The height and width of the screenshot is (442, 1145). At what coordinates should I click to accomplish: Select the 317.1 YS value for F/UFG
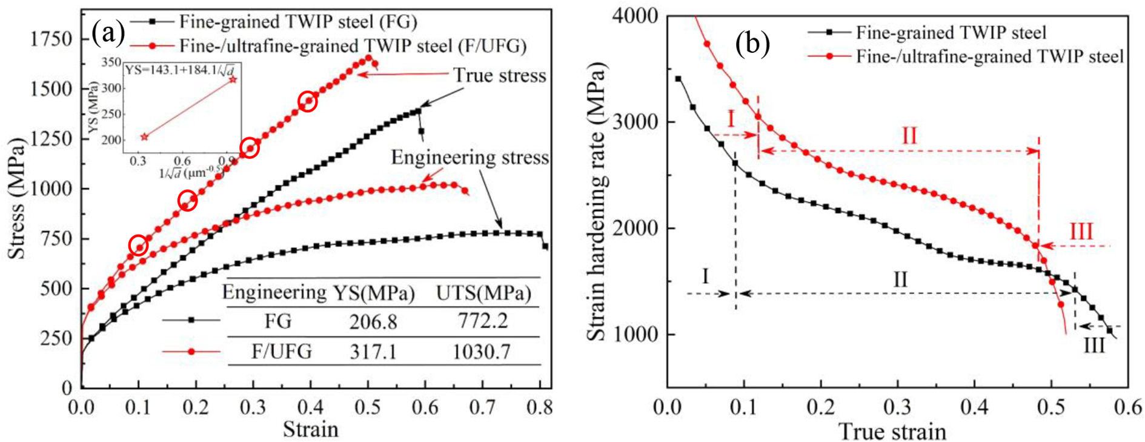(373, 352)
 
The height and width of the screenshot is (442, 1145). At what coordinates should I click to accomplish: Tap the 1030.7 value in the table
(482, 352)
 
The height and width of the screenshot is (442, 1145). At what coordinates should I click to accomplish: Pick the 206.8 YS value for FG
(373, 321)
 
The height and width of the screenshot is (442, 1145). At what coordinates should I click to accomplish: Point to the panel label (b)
(752, 44)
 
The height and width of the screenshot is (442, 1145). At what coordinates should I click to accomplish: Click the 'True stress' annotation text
(500, 75)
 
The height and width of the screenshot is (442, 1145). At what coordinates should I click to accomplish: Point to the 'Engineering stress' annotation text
(470, 158)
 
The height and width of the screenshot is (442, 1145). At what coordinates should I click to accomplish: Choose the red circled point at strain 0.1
(139, 246)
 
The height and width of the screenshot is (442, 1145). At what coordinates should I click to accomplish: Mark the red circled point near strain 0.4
(308, 101)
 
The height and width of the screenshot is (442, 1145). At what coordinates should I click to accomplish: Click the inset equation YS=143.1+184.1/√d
(180, 70)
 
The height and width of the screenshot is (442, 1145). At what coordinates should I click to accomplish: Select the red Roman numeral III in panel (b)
(1081, 232)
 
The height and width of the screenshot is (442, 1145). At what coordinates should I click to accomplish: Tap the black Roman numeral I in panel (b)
(705, 276)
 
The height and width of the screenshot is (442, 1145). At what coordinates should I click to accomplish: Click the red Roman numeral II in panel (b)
(909, 136)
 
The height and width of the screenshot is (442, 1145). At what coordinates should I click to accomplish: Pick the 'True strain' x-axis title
(892, 432)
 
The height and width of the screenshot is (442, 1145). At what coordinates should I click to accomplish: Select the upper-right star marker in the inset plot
(233, 79)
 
